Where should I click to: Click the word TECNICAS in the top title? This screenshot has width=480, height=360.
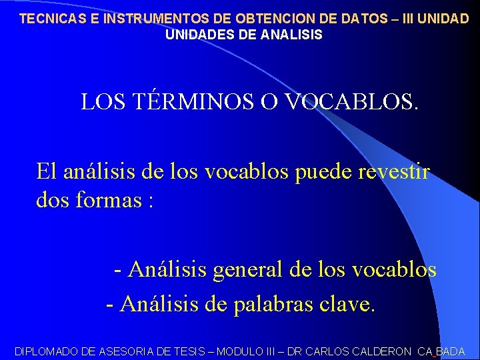tap(51, 19)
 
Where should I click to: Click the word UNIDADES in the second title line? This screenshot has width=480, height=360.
tap(198, 35)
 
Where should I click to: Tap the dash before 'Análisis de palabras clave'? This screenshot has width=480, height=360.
tap(110, 304)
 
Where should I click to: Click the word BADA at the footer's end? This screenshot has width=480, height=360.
tap(451, 351)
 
